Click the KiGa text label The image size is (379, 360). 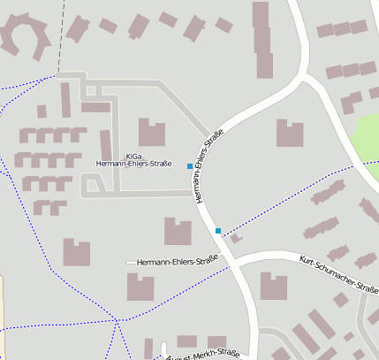coord(133,156)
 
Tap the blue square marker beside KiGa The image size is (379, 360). coord(190,166)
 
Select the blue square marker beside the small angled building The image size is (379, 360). coord(218,231)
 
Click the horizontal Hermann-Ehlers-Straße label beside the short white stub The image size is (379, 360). coord(178,262)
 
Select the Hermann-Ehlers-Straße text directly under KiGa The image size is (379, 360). coord(133,165)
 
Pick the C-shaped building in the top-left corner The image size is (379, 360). coord(23,35)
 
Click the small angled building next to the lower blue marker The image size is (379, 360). coord(235,238)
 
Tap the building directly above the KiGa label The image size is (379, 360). coord(152,133)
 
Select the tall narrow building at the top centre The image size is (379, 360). coord(262,40)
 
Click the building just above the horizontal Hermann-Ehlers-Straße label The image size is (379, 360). coord(178,232)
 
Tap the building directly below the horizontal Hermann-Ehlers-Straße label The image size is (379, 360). coord(140,287)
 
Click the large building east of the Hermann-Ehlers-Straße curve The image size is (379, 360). coord(290,133)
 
